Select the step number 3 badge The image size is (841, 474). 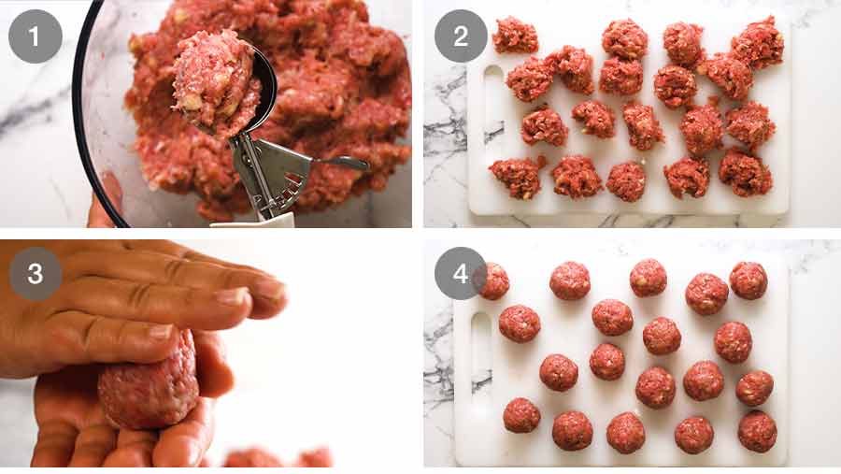(36, 273)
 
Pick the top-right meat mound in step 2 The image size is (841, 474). (757, 43)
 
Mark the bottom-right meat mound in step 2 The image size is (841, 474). (745, 173)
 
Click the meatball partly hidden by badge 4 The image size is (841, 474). (494, 281)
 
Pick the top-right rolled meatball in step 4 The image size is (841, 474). (748, 280)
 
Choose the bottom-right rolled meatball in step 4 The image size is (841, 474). (757, 431)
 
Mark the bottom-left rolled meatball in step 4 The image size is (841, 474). (521, 415)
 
